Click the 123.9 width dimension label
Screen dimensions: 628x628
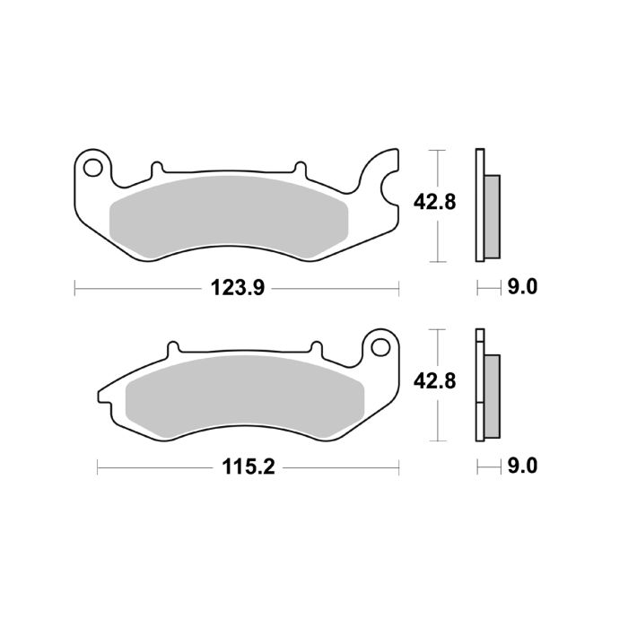click(x=235, y=289)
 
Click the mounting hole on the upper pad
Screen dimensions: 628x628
click(x=92, y=166)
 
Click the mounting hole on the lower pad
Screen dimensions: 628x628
click(x=379, y=346)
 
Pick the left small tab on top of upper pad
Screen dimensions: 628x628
click(x=157, y=168)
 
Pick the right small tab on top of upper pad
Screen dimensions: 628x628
click(x=297, y=168)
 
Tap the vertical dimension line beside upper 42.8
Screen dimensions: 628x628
click(x=437, y=206)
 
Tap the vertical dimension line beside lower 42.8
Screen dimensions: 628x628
click(x=437, y=385)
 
